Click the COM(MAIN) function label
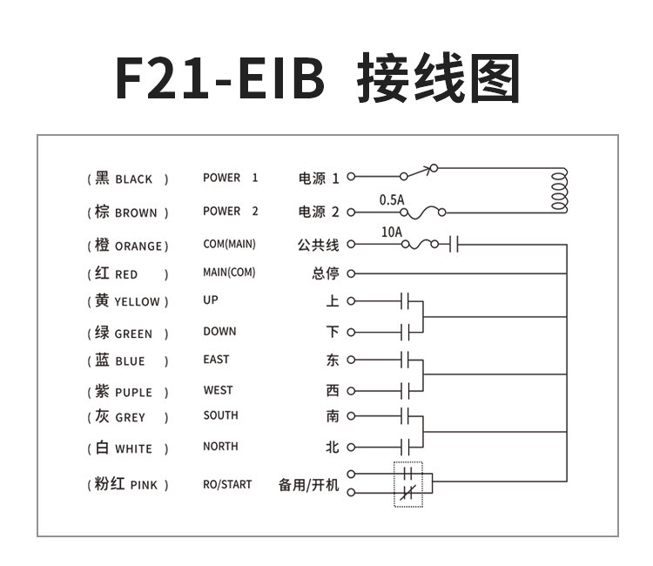click(229, 244)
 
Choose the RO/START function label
click(227, 484)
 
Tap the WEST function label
click(218, 390)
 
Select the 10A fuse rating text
click(392, 232)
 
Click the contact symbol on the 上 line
click(405, 301)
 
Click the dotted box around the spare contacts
click(407, 484)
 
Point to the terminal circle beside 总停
click(351, 273)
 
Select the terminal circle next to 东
click(351, 359)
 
